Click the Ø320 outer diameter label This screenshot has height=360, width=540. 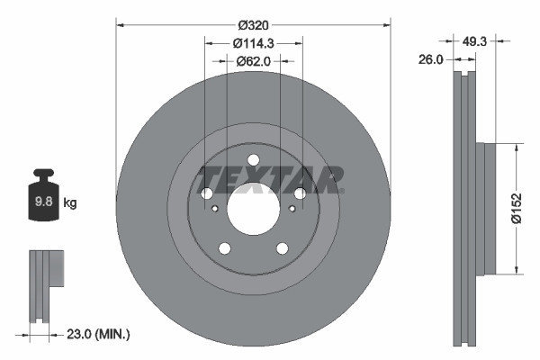click(252, 25)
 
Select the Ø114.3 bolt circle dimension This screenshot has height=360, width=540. click(252, 43)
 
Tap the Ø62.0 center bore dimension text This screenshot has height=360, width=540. click(253, 61)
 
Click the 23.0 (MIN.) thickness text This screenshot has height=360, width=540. click(99, 334)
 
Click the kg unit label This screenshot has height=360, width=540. click(70, 203)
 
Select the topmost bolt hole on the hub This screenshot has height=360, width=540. click(253, 161)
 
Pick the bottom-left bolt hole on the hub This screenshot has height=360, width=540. click(225, 249)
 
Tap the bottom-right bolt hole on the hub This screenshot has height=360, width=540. click(282, 249)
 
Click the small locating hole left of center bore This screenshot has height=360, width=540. click(216, 211)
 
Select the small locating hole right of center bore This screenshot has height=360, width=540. click(290, 211)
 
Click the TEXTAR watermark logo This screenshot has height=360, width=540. click(271, 179)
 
